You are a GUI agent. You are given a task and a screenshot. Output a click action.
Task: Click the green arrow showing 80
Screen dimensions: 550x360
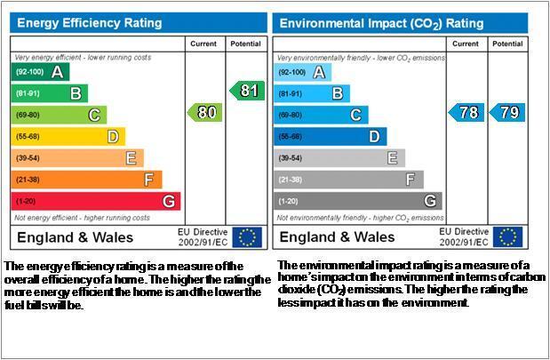point(205,113)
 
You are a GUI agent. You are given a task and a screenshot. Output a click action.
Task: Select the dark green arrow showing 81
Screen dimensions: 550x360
point(247,91)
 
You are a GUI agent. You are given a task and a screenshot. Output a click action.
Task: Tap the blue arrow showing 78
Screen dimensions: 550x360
point(466,113)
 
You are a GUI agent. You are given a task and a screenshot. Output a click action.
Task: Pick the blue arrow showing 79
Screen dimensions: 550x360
point(507,113)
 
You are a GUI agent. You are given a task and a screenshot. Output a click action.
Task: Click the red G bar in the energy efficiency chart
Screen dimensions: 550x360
point(96,202)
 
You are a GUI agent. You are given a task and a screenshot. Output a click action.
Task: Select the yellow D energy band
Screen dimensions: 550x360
point(68,137)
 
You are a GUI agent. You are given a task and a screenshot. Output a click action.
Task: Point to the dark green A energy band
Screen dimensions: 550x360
point(40,72)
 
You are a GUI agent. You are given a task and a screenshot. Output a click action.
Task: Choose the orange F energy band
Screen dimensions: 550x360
point(87,180)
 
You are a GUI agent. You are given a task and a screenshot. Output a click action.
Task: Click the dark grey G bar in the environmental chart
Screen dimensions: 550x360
point(358,201)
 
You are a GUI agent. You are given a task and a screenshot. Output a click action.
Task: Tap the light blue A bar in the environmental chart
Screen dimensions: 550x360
point(302,72)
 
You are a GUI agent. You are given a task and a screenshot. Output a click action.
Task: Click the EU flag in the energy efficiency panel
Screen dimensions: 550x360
point(247,237)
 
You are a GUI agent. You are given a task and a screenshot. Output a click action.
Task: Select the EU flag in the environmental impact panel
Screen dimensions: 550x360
point(507,237)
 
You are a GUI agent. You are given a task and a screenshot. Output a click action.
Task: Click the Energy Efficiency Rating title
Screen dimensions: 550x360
point(90,23)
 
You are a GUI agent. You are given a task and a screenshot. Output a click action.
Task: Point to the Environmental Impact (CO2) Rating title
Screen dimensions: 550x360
point(382,23)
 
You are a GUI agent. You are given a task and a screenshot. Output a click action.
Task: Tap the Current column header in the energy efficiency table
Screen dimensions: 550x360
point(203,44)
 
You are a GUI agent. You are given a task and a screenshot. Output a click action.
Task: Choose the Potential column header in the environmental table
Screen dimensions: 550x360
point(507,44)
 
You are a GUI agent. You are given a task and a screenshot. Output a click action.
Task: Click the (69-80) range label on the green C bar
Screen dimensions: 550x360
point(28,115)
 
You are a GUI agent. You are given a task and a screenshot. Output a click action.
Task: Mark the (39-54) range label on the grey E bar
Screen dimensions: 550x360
point(290,158)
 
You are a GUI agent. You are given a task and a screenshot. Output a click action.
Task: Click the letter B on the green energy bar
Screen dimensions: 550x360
point(76,93)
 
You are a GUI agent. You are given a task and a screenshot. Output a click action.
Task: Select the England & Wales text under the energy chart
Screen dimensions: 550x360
point(75,237)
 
